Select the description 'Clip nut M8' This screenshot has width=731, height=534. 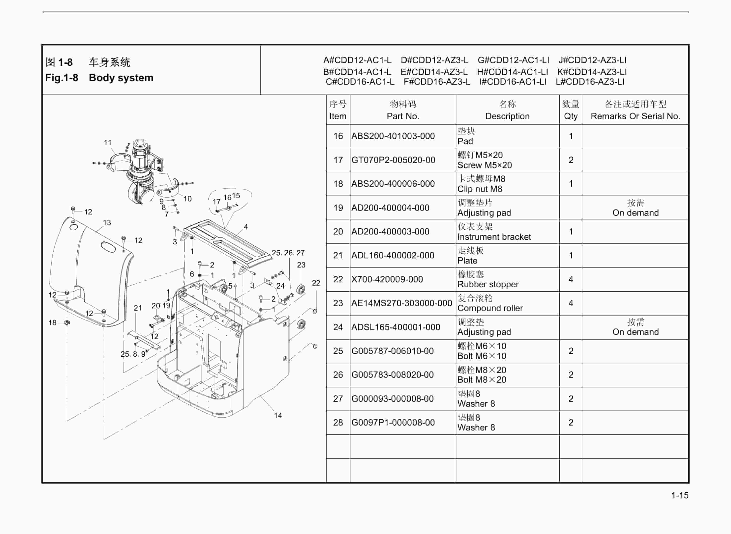(480, 189)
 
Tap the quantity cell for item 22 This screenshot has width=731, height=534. (571, 279)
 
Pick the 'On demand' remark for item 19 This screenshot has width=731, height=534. (635, 213)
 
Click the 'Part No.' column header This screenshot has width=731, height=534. (403, 116)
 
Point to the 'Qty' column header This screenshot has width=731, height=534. (571, 116)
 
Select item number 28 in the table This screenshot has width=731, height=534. (338, 423)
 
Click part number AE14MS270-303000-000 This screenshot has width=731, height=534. (402, 303)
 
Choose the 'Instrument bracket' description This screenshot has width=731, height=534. (494, 237)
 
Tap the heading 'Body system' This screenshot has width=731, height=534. (121, 78)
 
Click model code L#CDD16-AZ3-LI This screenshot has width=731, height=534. (590, 82)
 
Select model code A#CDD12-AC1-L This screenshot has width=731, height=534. (357, 60)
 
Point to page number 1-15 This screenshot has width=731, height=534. (680, 495)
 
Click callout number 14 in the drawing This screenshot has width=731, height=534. (278, 416)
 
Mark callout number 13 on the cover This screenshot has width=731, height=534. (107, 223)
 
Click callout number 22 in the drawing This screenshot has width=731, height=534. (316, 283)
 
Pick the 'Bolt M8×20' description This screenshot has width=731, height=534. (482, 380)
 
